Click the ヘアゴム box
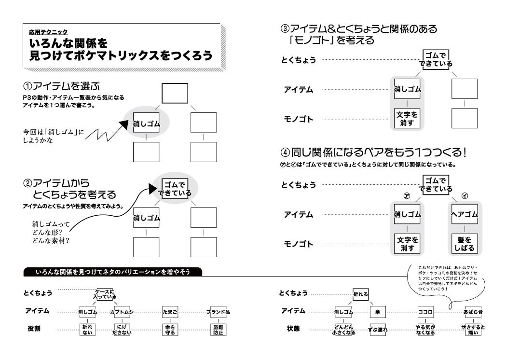tap(464, 214)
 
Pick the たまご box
tap(170, 312)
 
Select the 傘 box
tap(377, 312)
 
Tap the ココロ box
tap(425, 312)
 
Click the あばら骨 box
tap(474, 312)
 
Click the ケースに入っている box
tap(105, 294)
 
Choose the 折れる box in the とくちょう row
tap(360, 293)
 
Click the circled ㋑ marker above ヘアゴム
tap(465, 196)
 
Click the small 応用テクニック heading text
tap(48, 32)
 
